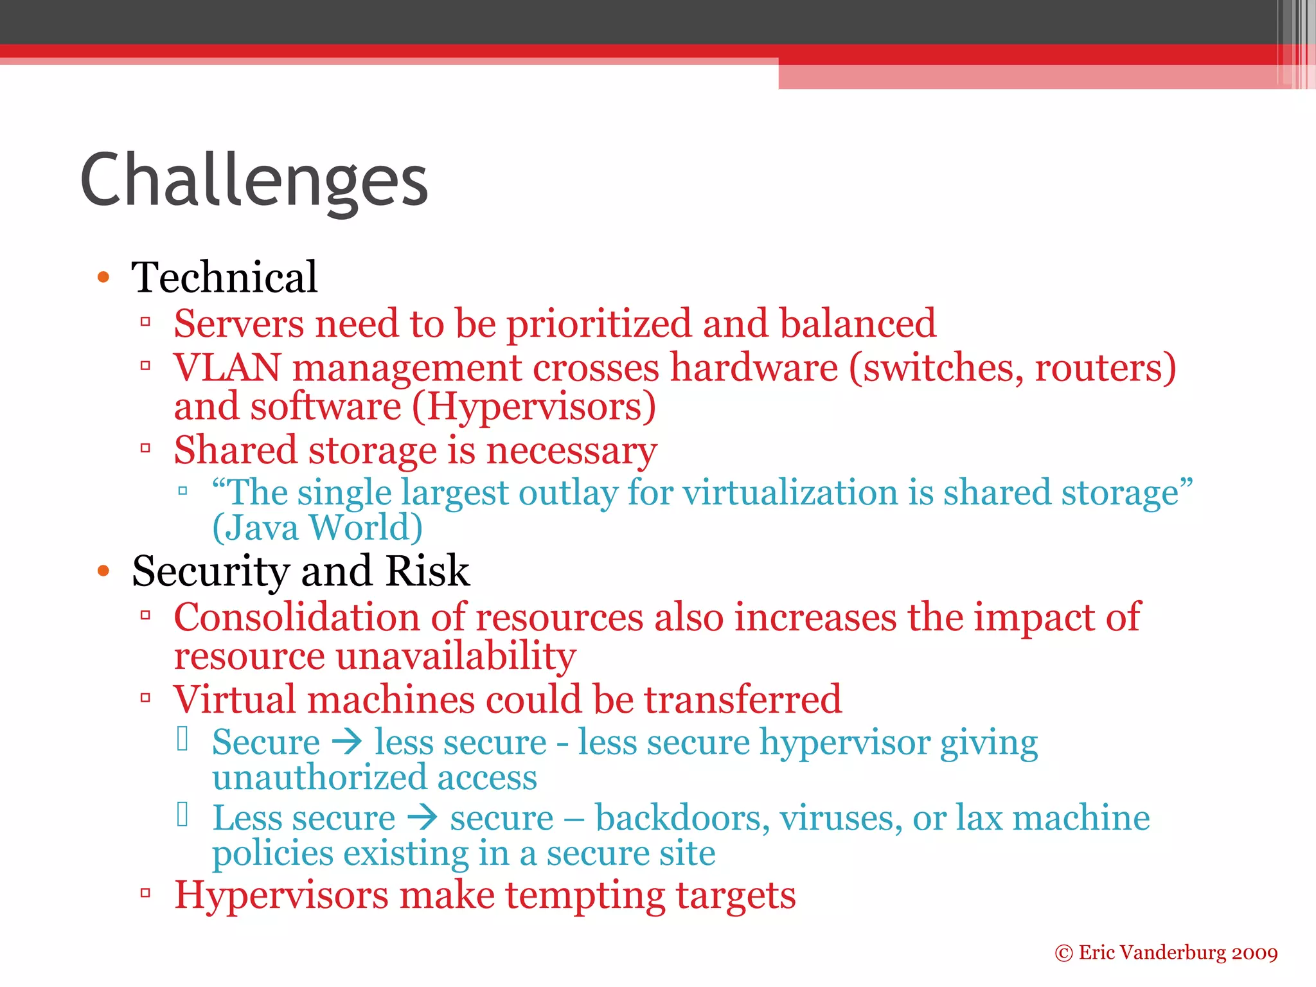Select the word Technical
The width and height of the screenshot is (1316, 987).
[x=224, y=278]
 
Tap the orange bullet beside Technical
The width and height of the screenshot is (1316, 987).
[x=103, y=278]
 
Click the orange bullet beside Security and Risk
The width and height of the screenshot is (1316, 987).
[x=103, y=571]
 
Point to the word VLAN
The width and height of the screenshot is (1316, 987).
[x=227, y=368]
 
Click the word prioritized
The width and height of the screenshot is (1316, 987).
[x=598, y=324]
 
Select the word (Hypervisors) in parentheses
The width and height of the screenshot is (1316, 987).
[x=534, y=407]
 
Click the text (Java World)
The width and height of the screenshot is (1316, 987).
[x=317, y=528]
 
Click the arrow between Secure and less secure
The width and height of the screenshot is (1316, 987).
[x=348, y=743]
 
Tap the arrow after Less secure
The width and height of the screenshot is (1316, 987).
[x=423, y=818]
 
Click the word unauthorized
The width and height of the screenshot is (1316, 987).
[x=319, y=778]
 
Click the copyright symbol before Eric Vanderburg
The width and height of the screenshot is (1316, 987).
[x=1063, y=953]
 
